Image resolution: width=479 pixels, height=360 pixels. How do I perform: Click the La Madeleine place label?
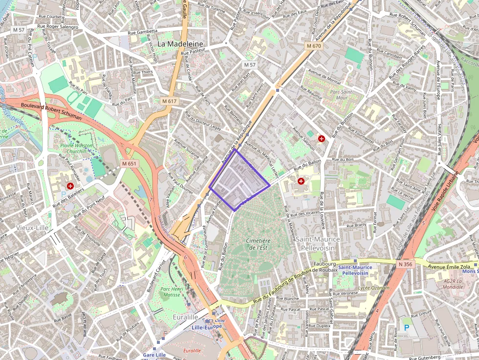[180, 43]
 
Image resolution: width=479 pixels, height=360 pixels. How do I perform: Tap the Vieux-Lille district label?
[31, 228]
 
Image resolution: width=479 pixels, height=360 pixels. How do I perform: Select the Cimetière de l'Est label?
[259, 244]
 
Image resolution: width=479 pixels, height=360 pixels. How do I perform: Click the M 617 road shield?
[169, 101]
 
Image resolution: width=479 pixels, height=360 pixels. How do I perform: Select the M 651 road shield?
[129, 164]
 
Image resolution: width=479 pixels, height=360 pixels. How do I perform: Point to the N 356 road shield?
[405, 264]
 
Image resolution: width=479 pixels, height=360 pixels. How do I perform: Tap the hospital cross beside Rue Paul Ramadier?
[70, 186]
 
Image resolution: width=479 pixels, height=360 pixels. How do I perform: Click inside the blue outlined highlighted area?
[239, 181]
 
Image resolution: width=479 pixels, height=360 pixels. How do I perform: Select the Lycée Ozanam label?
[373, 288]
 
